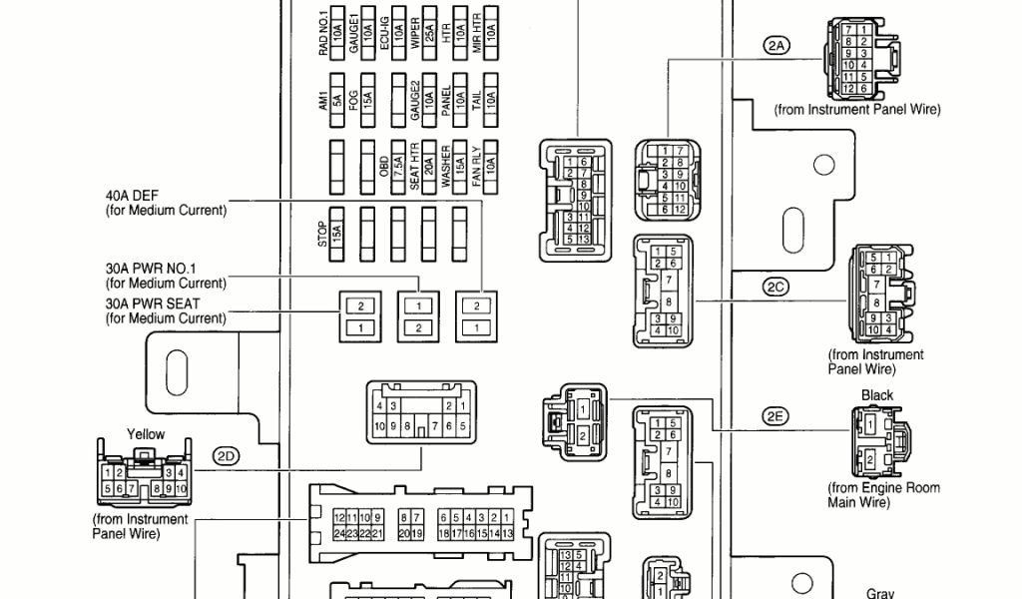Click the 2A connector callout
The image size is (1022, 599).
pos(775,45)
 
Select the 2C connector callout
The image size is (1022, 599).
pos(775,288)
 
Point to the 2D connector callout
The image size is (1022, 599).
pos(227,456)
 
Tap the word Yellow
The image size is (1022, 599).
pos(146,434)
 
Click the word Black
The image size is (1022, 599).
pos(877,395)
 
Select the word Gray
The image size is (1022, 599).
pos(879,593)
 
